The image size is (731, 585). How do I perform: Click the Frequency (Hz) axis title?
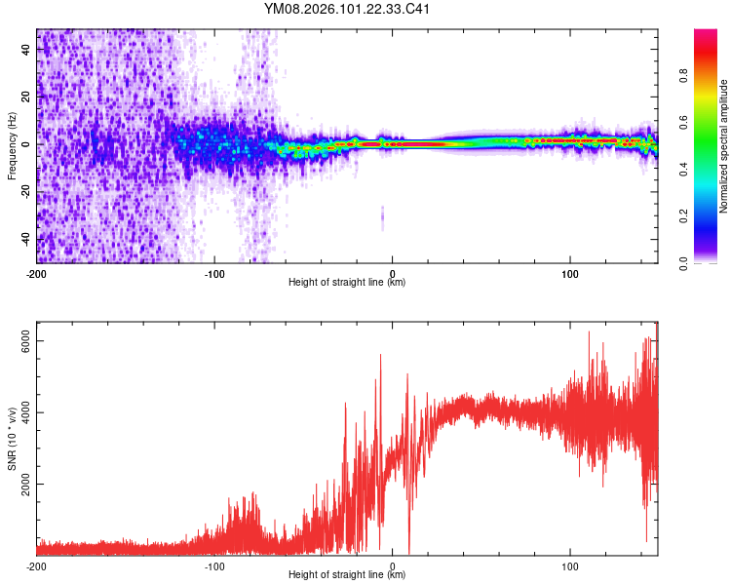point(11,146)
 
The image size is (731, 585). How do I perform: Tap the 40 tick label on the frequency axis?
point(26,50)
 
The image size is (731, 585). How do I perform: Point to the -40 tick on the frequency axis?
point(26,239)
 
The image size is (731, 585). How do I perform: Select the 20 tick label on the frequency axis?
point(26,97)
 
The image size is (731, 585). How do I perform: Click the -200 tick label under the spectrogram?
point(37,272)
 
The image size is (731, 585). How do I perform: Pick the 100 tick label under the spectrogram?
point(569,272)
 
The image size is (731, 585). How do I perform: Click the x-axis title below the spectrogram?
point(347,283)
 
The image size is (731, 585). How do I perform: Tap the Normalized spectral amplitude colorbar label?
point(723,146)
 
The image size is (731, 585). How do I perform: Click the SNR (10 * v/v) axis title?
point(11,439)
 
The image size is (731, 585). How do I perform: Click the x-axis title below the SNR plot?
point(347,576)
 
